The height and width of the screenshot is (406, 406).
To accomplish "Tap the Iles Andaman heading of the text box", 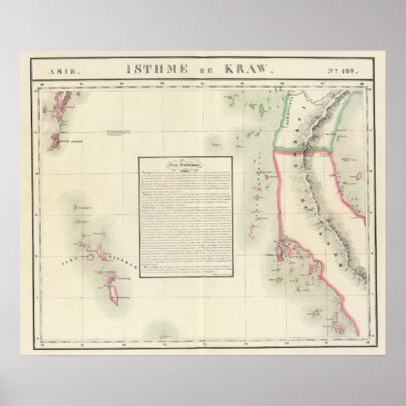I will click(x=185, y=163).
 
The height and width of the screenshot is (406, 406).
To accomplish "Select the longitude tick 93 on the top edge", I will click(x=163, y=83).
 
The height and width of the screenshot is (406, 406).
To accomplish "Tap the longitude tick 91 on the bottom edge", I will click(x=82, y=344).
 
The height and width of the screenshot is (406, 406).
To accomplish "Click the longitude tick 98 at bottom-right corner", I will click(x=366, y=344).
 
